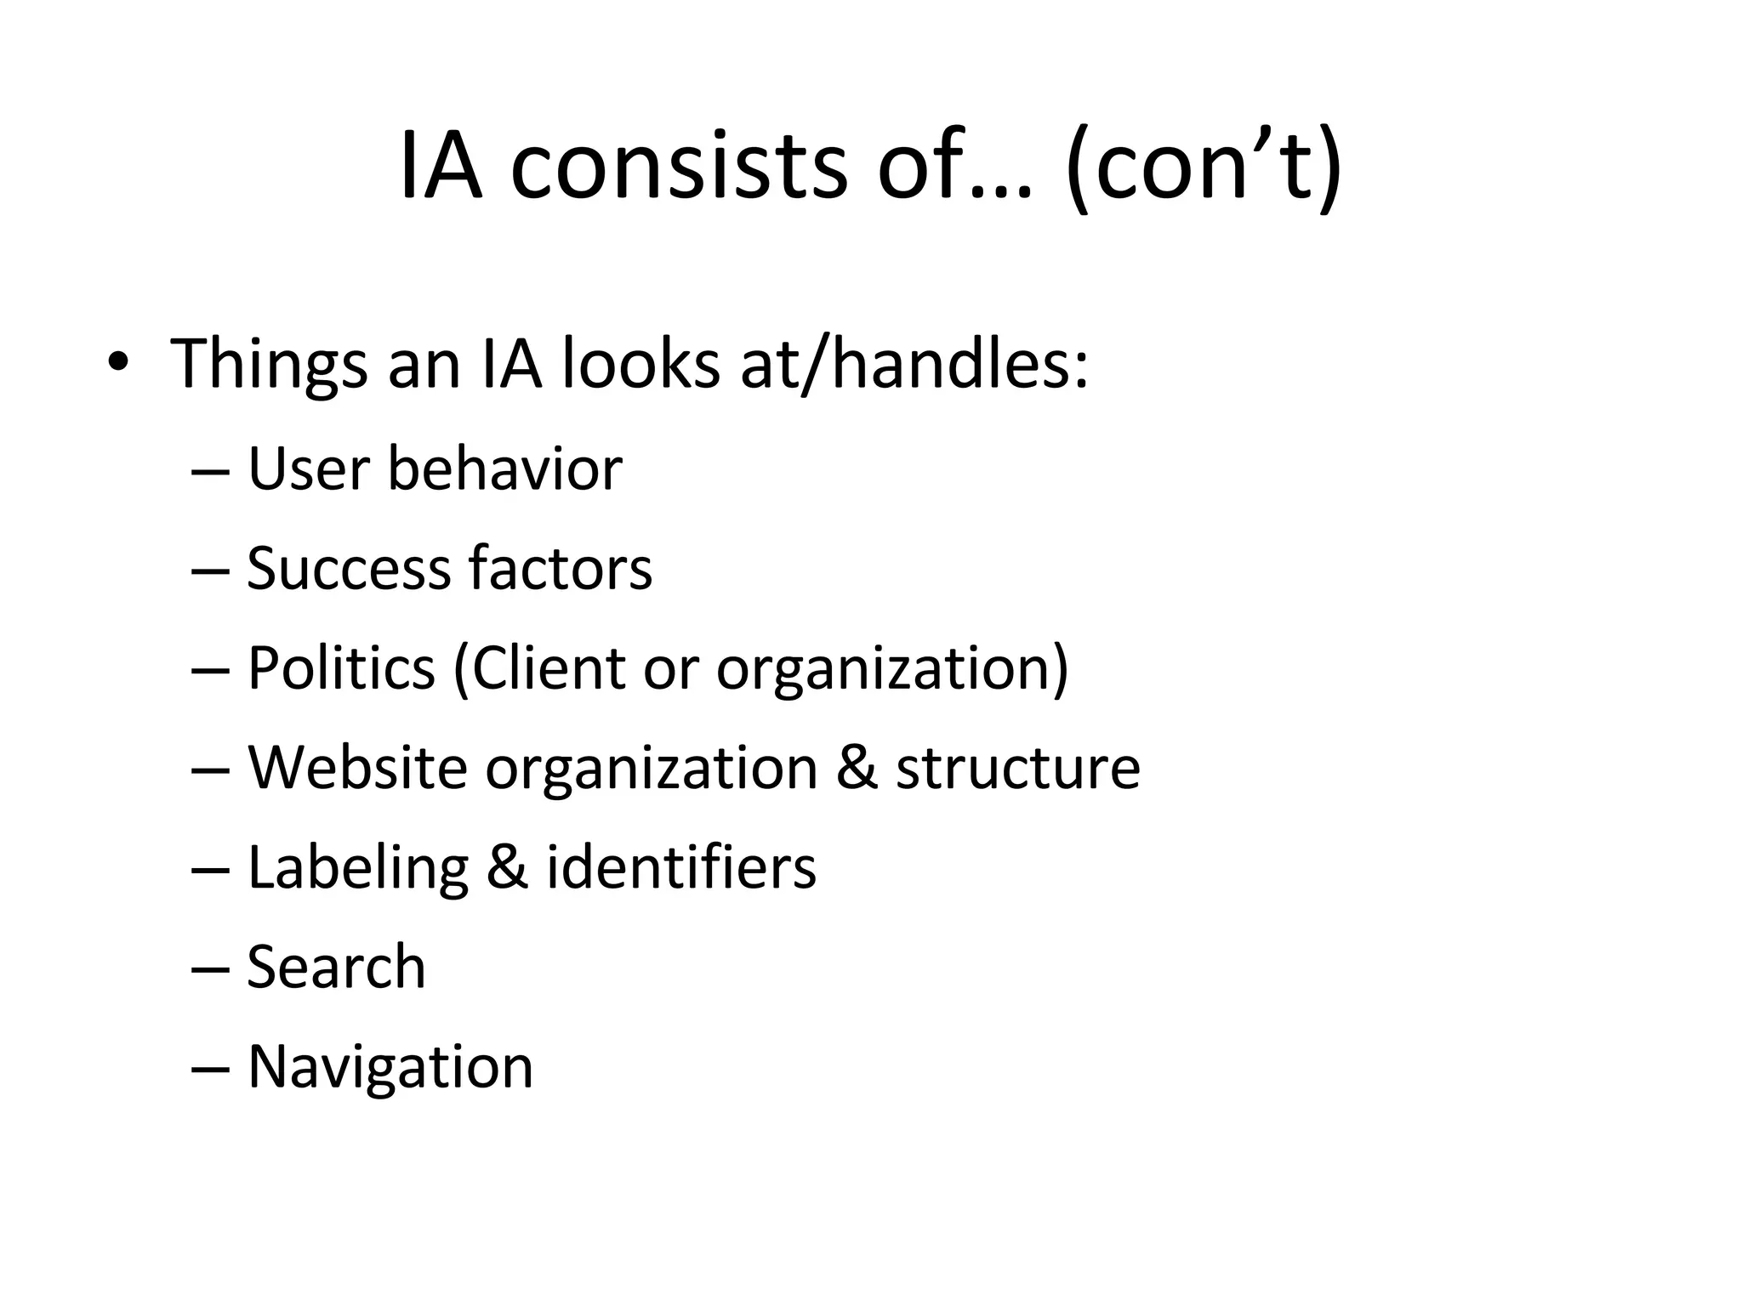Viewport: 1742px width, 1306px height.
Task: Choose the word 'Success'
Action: (348, 568)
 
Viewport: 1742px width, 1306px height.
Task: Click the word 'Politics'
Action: (341, 667)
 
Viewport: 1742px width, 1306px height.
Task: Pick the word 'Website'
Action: (357, 767)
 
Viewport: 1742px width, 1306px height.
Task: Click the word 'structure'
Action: (1017, 769)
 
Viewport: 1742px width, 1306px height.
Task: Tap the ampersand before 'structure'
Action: (857, 768)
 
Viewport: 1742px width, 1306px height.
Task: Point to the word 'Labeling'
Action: (357, 868)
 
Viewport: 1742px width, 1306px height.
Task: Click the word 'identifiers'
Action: (681, 867)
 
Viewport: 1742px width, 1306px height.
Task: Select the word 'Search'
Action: (336, 967)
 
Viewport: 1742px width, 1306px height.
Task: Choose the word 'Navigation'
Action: (390, 1067)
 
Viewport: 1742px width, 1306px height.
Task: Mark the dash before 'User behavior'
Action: (211, 471)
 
